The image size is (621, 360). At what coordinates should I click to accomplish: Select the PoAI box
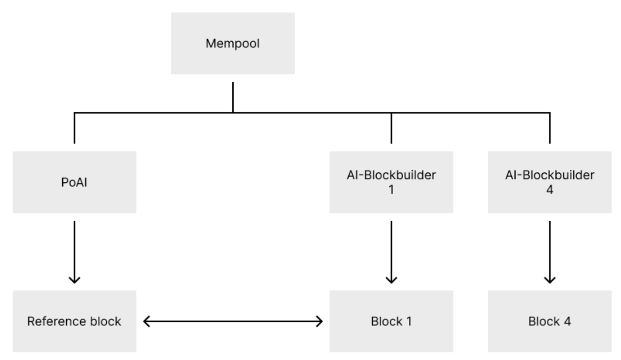coord(74,182)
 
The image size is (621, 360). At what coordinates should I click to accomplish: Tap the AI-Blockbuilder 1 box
coord(391,182)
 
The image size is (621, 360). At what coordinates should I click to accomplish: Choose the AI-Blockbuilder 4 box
coord(550,182)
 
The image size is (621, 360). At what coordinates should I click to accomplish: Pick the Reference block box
coord(74,321)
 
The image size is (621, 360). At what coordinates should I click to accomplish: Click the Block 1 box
coord(391,321)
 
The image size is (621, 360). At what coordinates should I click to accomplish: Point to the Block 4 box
coord(550,321)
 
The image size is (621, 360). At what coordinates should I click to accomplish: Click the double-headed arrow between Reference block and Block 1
coord(233,321)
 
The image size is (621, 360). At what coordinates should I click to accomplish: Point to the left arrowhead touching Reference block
coord(147,321)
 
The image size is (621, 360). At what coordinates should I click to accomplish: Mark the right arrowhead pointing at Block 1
coord(319,321)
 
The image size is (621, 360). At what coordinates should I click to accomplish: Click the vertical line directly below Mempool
coord(233,97)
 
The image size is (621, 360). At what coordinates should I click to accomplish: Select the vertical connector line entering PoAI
coord(74,128)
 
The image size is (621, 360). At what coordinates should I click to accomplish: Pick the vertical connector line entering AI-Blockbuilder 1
coord(391,128)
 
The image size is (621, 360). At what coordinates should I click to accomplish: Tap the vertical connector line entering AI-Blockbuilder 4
coord(550,128)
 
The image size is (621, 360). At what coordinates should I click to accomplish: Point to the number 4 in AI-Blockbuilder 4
coord(550,190)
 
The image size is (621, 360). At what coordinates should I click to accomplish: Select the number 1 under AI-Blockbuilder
coord(391,190)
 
